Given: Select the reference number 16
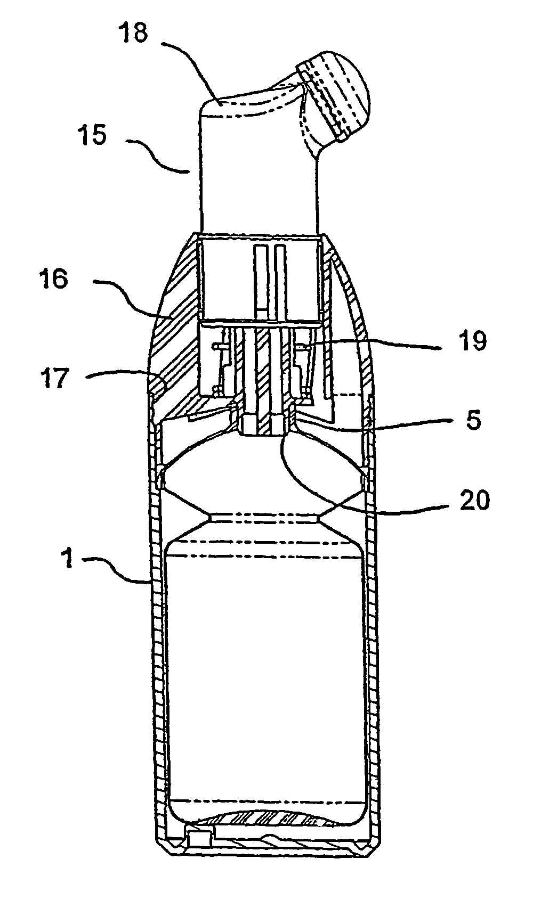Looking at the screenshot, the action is point(54,279).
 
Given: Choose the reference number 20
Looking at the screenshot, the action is point(475,500).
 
